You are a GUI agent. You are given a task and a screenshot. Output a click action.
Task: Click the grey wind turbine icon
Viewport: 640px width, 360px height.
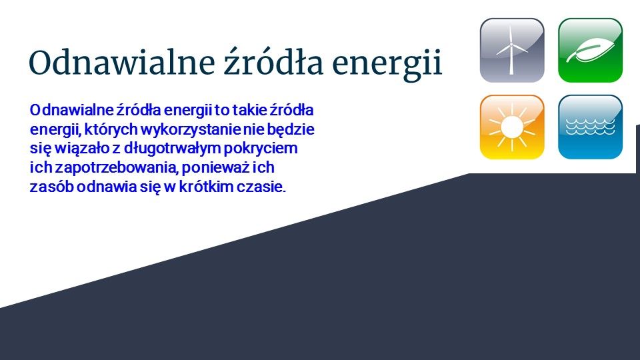click(512, 50)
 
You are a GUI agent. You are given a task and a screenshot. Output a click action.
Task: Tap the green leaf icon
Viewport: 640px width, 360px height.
click(590, 50)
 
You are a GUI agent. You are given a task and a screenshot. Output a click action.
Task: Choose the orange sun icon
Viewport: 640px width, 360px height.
click(512, 127)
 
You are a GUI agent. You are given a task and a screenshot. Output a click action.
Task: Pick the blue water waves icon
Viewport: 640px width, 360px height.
click(590, 127)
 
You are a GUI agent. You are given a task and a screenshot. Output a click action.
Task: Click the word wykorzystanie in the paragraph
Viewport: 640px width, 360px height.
click(191, 130)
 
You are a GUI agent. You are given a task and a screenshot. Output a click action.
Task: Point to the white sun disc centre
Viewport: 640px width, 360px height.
click(512, 127)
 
